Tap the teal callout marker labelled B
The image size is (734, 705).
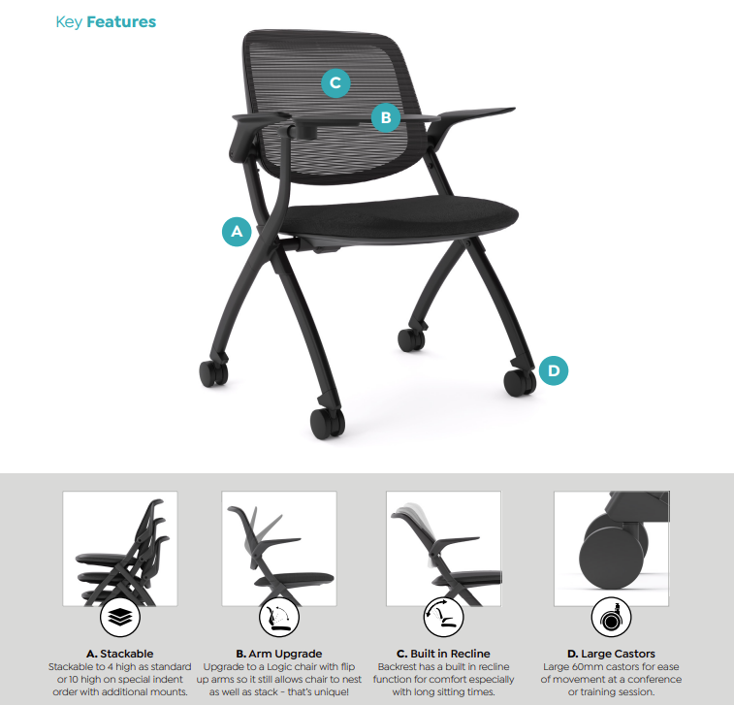(x=385, y=118)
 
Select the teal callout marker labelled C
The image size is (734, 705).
(x=335, y=83)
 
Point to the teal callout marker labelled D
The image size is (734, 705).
(x=553, y=369)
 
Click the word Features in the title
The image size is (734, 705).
(x=121, y=21)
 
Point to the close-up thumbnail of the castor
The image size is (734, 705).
(x=611, y=547)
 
